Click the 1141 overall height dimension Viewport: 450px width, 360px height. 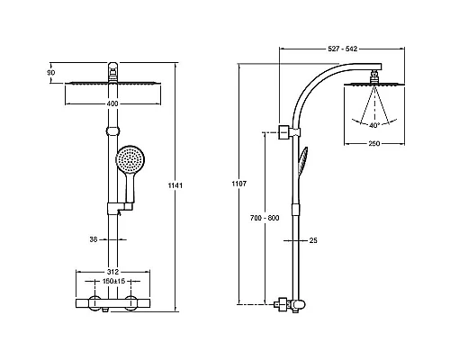175,185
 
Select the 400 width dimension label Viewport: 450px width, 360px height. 112,103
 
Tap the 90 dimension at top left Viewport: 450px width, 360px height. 51,73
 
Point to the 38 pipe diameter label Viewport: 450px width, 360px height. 94,239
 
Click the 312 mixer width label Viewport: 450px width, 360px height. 112,272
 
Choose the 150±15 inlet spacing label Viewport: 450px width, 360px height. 112,281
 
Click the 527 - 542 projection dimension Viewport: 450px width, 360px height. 342,49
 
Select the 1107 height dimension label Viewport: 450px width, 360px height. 238,184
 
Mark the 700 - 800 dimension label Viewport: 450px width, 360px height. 265,218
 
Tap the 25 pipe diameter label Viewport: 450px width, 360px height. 313,240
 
